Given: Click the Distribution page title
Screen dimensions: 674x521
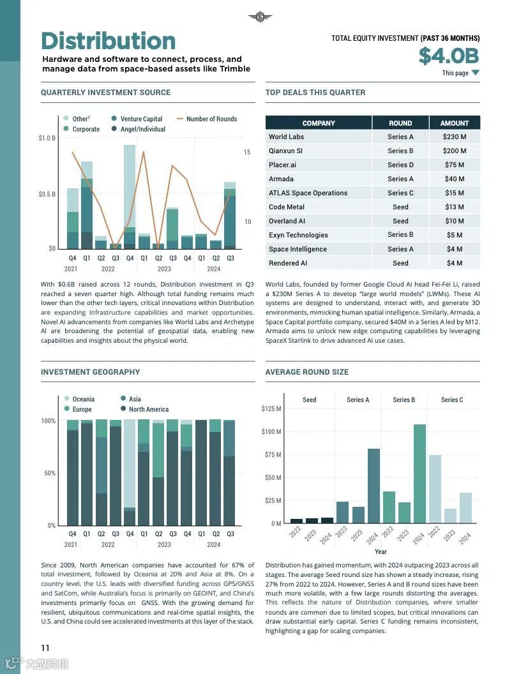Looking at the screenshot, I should [x=108, y=41].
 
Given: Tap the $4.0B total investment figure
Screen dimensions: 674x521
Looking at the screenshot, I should [x=448, y=56].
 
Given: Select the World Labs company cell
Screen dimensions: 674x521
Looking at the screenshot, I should [x=286, y=137].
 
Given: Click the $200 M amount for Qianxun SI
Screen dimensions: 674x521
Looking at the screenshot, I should [x=454, y=151].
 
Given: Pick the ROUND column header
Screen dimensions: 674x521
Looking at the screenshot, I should [x=400, y=123].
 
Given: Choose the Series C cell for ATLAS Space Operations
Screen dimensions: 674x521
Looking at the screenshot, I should [x=400, y=193].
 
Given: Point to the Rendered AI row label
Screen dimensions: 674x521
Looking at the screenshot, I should [x=288, y=263].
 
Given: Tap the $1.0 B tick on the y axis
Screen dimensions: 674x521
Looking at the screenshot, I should [x=47, y=138].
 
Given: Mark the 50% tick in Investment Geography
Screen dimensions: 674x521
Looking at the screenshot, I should [x=49, y=473].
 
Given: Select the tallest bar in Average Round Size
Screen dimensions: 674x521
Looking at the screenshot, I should [x=419, y=474].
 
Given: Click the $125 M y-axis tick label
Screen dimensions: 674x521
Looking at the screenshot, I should [x=271, y=408].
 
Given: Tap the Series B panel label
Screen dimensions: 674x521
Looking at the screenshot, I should [x=404, y=400].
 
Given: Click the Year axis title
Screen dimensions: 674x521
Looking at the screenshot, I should [x=381, y=551].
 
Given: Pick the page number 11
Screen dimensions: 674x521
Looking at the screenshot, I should [x=45, y=648].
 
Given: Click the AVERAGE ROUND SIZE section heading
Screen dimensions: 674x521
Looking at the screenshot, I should [x=306, y=372].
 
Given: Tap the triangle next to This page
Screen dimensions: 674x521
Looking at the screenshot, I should [x=475, y=73].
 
